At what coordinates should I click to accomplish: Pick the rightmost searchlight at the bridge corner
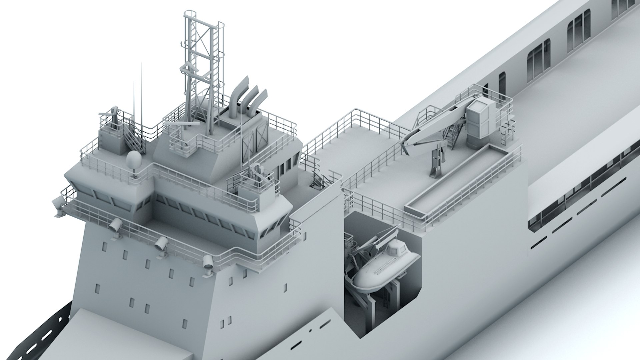(x=208, y=262)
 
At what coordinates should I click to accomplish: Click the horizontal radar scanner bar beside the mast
(x=182, y=124)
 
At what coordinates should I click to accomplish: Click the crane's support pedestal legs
(x=437, y=163)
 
